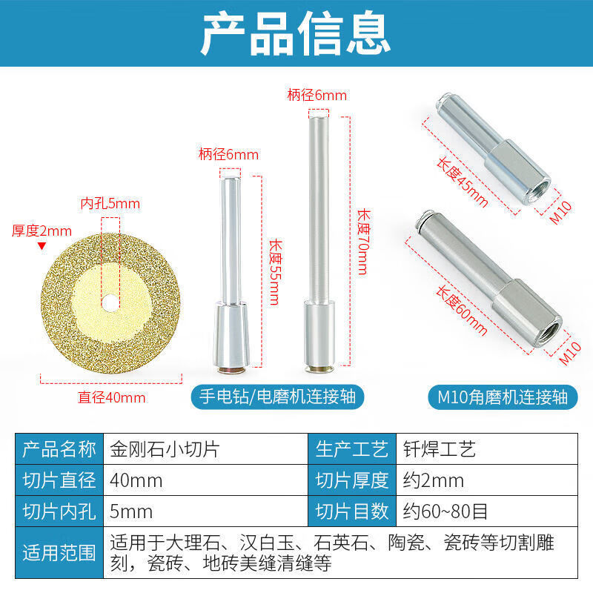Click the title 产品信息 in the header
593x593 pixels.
296,33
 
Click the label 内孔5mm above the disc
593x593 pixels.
110,203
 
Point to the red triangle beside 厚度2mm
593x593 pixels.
42,245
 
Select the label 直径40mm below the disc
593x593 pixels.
112,397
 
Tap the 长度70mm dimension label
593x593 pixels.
362,241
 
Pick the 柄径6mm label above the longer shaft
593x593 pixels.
317,95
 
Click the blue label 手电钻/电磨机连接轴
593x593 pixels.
277,397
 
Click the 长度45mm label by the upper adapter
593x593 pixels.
460,182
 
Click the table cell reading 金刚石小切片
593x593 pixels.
156,449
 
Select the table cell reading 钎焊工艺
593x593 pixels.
437,449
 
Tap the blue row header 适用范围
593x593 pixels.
60,552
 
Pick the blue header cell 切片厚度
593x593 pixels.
351,480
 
